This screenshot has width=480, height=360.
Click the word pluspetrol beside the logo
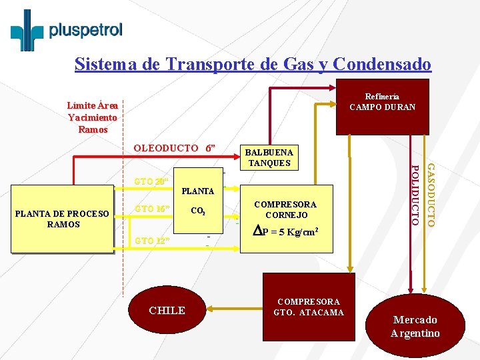coord(86,30)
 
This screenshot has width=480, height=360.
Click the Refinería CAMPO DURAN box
coord(382,102)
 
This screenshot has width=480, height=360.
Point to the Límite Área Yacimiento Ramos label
coord(93,117)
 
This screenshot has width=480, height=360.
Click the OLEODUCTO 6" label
coord(175,148)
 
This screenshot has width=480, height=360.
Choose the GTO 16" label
coord(152,209)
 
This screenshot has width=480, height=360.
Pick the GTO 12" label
coord(152,240)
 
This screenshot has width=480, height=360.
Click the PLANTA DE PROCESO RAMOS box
coord(63,219)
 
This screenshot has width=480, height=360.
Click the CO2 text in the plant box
coord(197,212)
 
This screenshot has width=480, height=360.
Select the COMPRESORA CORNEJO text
coord(286,209)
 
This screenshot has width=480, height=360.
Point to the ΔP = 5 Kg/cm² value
coord(286,232)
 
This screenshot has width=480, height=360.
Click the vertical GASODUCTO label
coord(431,193)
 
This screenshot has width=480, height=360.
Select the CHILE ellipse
coord(167,310)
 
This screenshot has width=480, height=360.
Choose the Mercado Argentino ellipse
coord(415,326)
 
